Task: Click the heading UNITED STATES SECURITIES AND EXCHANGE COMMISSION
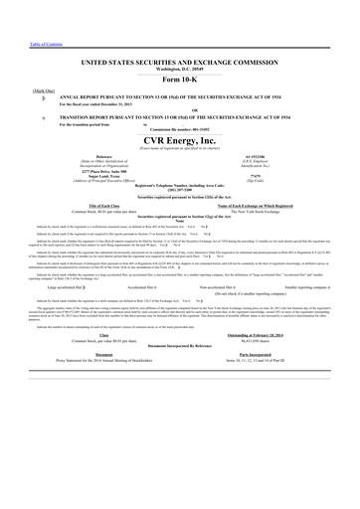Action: (x=179, y=63)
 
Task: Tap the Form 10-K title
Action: (x=179, y=80)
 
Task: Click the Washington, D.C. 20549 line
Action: (x=179, y=70)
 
